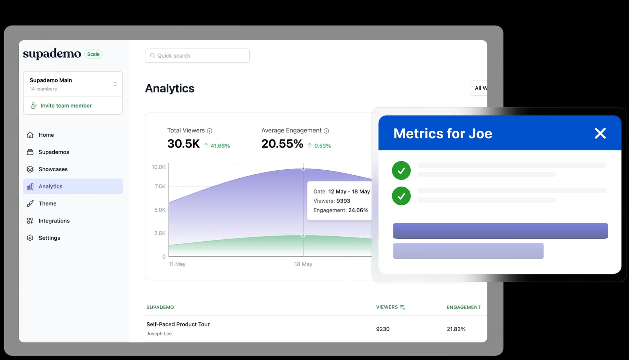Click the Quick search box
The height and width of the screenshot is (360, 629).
pos(197,56)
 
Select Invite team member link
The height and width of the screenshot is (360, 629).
pos(66,105)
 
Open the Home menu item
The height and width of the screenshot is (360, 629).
pos(46,135)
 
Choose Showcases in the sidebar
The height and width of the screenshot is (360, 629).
pos(53,169)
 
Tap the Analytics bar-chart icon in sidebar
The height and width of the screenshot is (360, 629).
pos(30,186)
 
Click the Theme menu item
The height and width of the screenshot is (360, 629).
pos(48,204)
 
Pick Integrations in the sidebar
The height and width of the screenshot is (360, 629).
pos(54,221)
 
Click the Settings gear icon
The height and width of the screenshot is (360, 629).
pos(30,238)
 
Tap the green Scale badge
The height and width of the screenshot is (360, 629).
pos(93,54)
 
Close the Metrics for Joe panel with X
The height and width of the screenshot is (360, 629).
pos(600,133)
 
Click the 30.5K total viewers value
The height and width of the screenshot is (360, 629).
pos(183,144)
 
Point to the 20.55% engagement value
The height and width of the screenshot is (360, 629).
pos(282,144)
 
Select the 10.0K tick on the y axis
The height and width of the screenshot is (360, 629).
pos(159,167)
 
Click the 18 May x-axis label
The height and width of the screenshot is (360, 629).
pos(303,264)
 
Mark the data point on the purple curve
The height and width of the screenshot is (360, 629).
pos(303,169)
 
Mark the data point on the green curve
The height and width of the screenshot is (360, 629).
pos(303,236)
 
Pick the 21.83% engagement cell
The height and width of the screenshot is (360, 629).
pos(456,329)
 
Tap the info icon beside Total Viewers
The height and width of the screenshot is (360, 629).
pos(210,131)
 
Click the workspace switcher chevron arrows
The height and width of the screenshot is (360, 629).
pos(115,84)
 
